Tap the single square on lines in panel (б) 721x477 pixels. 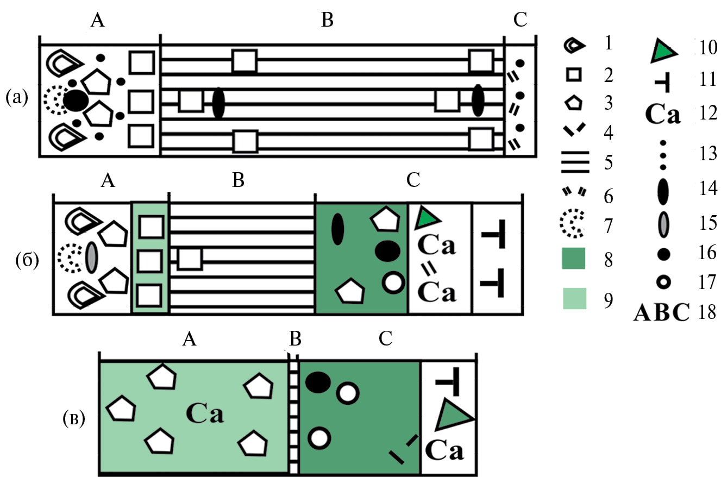pyautogui.click(x=190, y=258)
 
